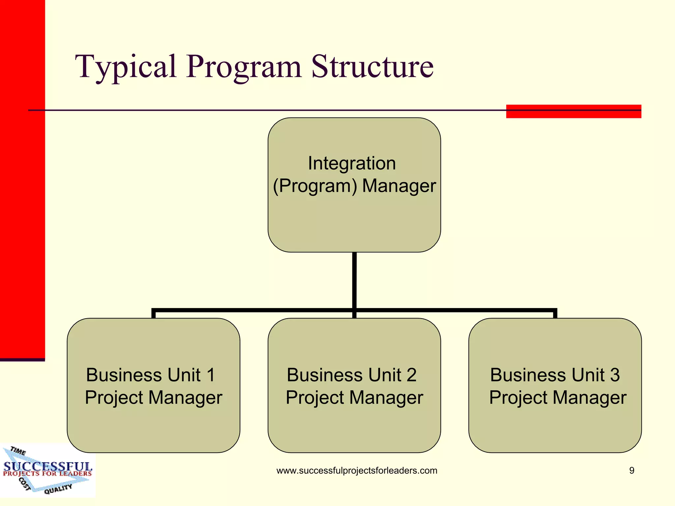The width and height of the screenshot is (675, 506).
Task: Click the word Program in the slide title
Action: [x=244, y=67]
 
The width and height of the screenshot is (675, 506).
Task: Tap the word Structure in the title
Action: [x=372, y=67]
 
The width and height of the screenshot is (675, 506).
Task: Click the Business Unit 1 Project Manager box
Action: [x=153, y=425]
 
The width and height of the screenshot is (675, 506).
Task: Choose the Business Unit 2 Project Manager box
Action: [x=354, y=425]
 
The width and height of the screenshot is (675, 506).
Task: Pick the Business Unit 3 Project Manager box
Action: [x=555, y=425]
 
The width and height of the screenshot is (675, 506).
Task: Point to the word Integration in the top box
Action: [x=352, y=163]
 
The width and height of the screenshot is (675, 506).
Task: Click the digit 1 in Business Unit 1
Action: [x=211, y=375]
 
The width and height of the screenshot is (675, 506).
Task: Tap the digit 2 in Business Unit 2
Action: [x=411, y=375]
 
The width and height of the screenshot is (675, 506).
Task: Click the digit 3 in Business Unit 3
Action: [x=614, y=375]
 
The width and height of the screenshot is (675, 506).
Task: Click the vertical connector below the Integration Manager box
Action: [x=354, y=280]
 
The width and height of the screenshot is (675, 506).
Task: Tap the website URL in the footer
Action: [x=357, y=470]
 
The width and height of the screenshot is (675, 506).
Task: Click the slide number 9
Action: [x=631, y=470]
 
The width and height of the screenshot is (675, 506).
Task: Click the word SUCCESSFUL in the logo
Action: [x=48, y=466]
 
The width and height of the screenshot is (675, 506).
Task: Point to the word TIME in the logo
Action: [x=18, y=451]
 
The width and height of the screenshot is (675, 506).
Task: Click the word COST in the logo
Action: [x=24, y=484]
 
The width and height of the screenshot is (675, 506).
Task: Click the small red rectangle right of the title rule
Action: [x=573, y=112]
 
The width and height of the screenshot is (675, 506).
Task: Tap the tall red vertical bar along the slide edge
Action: [x=22, y=178]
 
